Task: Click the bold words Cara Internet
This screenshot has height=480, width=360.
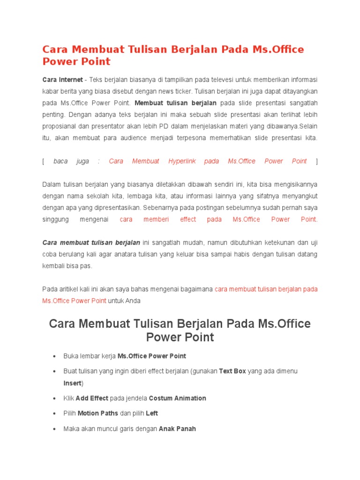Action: (x=62, y=80)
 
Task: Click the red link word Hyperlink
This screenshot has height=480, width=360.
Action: (x=182, y=161)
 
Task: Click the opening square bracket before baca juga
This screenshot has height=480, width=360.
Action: (x=43, y=161)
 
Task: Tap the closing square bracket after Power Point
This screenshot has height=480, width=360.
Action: (x=316, y=161)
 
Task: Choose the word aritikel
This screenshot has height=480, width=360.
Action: (x=67, y=289)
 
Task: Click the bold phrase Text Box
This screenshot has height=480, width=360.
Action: (x=232, y=371)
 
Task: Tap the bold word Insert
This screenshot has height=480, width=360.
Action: (x=72, y=383)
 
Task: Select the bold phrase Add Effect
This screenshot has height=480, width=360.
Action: (x=92, y=398)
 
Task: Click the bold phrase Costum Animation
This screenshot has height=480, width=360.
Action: (x=177, y=398)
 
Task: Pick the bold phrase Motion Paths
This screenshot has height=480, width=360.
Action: (x=98, y=413)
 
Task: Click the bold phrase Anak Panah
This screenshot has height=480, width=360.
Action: (x=177, y=428)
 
